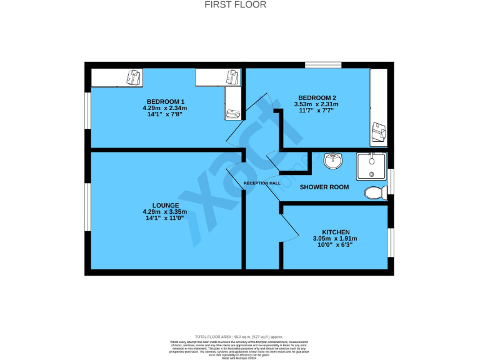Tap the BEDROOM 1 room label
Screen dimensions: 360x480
click(165, 101)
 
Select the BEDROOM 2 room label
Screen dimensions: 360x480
click(317, 97)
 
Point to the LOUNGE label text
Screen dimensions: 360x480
click(165, 205)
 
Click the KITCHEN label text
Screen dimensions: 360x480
click(336, 231)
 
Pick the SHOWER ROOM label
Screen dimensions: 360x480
click(324, 187)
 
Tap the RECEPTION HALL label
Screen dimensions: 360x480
click(262, 183)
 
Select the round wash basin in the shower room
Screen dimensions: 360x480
click(333, 161)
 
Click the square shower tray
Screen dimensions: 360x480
click(371, 166)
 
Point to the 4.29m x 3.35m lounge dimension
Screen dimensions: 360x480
click(165, 212)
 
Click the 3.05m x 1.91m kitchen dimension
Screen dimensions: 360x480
click(335, 238)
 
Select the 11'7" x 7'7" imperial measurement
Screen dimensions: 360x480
click(317, 111)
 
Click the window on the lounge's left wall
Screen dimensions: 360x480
click(87, 209)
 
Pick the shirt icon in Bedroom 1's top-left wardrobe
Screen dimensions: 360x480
click(134, 77)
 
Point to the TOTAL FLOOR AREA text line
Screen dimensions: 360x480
click(240, 336)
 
